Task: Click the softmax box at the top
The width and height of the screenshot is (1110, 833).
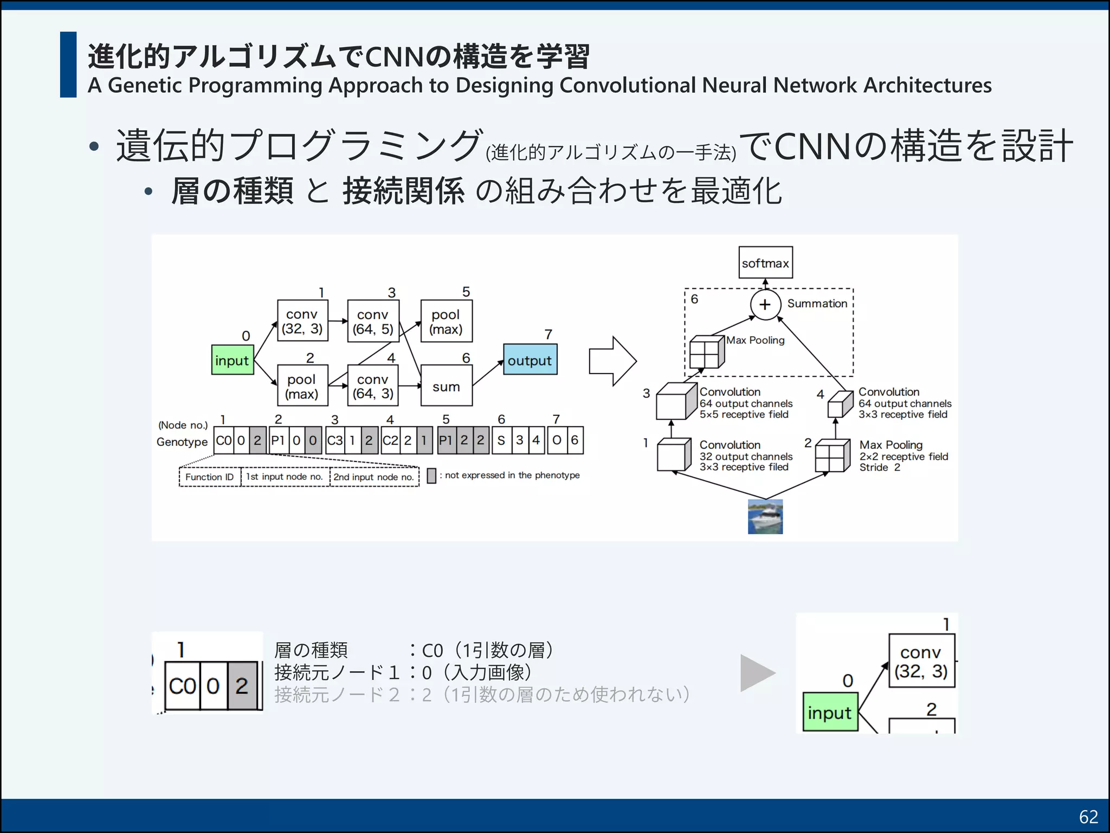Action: [765, 263]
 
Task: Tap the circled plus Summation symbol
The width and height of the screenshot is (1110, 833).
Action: [765, 304]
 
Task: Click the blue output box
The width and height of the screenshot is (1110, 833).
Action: [530, 360]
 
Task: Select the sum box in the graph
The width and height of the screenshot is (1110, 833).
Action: [446, 386]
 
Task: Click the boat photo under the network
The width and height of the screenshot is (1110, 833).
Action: [765, 517]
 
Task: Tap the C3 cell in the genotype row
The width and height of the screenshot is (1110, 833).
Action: [334, 440]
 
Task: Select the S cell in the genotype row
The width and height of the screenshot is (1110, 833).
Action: [501, 440]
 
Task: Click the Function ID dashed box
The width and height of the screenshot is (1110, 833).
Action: [210, 477]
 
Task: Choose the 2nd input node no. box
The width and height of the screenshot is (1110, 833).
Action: [374, 477]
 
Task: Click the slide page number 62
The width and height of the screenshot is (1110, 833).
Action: [1088, 817]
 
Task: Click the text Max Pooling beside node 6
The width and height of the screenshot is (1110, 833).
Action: [755, 340]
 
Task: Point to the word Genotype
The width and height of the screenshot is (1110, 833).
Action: [182, 442]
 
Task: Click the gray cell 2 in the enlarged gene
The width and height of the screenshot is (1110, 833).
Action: [242, 686]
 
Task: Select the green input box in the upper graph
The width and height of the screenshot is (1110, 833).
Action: [232, 360]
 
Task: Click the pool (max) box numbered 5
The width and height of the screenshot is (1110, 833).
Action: [446, 321]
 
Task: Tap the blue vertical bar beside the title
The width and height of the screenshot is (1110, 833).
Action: [68, 65]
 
